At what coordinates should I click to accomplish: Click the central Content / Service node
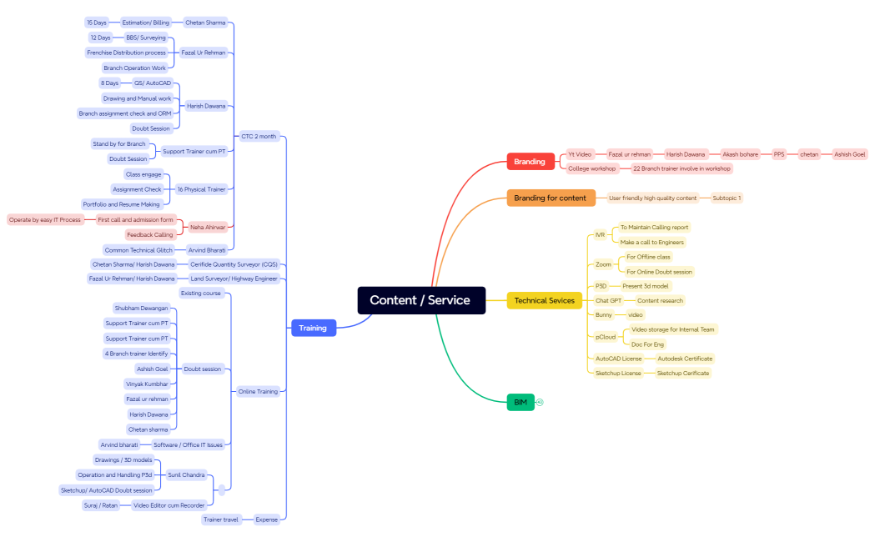pyautogui.click(x=421, y=300)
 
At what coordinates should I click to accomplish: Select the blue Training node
pyautogui.click(x=313, y=328)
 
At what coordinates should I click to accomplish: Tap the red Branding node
pyautogui.click(x=530, y=162)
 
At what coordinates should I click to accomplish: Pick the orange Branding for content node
pyautogui.click(x=551, y=198)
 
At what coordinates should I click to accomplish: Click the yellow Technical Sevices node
pyautogui.click(x=544, y=300)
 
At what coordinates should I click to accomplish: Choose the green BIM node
pyautogui.click(x=520, y=402)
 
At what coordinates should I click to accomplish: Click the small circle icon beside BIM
pyautogui.click(x=540, y=402)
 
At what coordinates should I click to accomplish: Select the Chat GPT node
pyautogui.click(x=608, y=300)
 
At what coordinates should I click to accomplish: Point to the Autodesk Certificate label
pyautogui.click(x=685, y=359)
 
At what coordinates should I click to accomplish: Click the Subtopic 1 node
pyautogui.click(x=727, y=198)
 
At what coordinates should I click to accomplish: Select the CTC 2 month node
pyautogui.click(x=259, y=136)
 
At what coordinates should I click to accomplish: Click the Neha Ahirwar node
pyautogui.click(x=208, y=227)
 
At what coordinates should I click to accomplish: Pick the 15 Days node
pyautogui.click(x=97, y=23)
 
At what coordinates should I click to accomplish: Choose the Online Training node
pyautogui.click(x=258, y=391)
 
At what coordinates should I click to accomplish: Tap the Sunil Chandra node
pyautogui.click(x=185, y=474)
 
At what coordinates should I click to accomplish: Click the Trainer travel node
pyautogui.click(x=221, y=519)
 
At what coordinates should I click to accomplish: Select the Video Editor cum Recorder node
pyautogui.click(x=169, y=504)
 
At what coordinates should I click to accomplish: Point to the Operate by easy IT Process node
pyautogui.click(x=45, y=219)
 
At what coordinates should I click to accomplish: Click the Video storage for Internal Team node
pyautogui.click(x=672, y=329)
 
